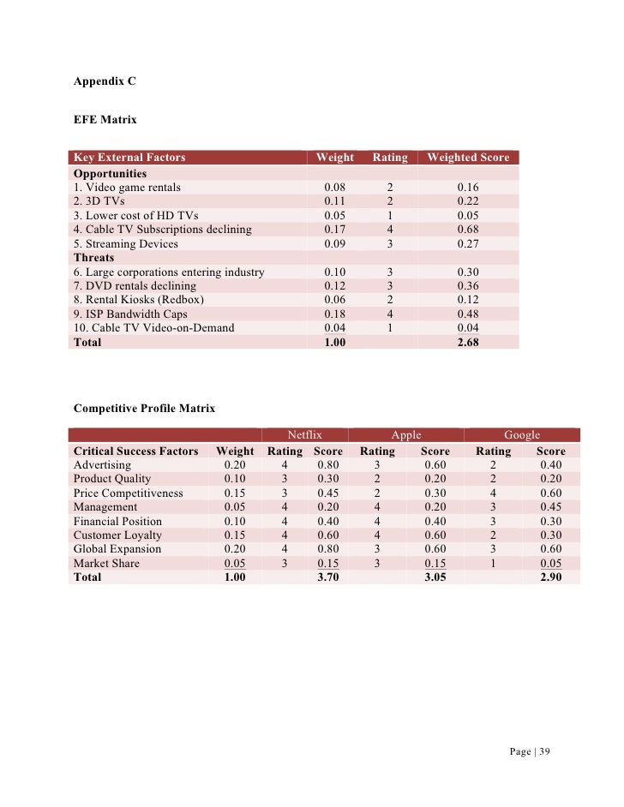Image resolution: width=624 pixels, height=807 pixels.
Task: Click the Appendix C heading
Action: click(105, 82)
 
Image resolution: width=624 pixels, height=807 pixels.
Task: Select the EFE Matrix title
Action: click(105, 120)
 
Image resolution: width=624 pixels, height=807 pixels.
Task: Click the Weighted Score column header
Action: click(468, 158)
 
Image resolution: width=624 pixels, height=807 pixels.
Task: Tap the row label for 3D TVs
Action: click(99, 201)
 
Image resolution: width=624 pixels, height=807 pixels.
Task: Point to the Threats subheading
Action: click(93, 257)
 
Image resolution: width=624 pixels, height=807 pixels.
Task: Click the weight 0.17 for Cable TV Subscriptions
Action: click(335, 230)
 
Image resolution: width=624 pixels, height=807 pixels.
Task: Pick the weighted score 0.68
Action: click(468, 230)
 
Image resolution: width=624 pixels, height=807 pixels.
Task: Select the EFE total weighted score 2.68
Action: click(468, 342)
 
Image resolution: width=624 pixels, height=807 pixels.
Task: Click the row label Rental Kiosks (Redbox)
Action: click(138, 300)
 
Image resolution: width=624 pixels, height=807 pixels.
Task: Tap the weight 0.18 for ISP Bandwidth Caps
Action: click(335, 314)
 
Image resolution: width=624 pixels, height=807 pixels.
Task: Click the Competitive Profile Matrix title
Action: click(144, 409)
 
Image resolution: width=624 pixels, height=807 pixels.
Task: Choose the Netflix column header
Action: click(304, 435)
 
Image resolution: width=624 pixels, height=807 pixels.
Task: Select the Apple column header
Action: click(405, 435)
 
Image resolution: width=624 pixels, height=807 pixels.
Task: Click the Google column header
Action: click(521, 435)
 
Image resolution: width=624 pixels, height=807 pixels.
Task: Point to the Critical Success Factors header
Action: click(135, 451)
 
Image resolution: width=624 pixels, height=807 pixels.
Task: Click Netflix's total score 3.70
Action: click(328, 577)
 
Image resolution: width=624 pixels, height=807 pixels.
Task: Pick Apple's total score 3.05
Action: click(435, 577)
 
